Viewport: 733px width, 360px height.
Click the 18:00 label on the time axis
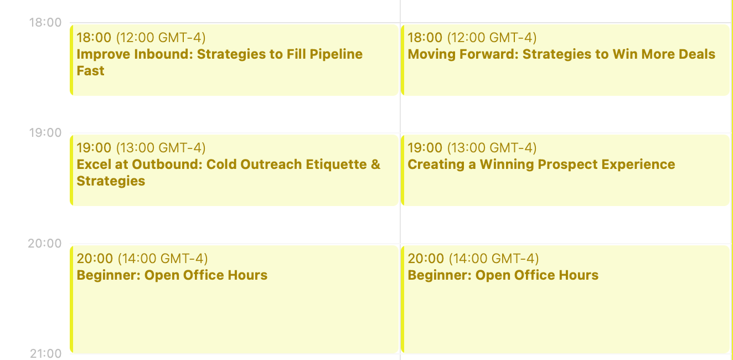pos(45,23)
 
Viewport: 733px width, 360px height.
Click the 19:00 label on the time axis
pos(45,133)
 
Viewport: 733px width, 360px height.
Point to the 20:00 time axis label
pos(45,243)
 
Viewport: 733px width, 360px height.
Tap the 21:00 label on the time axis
pos(45,353)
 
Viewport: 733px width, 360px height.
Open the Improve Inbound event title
pos(219,54)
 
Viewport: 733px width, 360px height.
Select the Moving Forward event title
pos(561,54)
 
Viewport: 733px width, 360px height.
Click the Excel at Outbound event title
pos(228,164)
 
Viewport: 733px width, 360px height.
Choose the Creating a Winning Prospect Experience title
pos(541,164)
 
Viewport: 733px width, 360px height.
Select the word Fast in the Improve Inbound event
pos(90,71)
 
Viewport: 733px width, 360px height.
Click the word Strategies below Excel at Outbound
pos(111,181)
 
